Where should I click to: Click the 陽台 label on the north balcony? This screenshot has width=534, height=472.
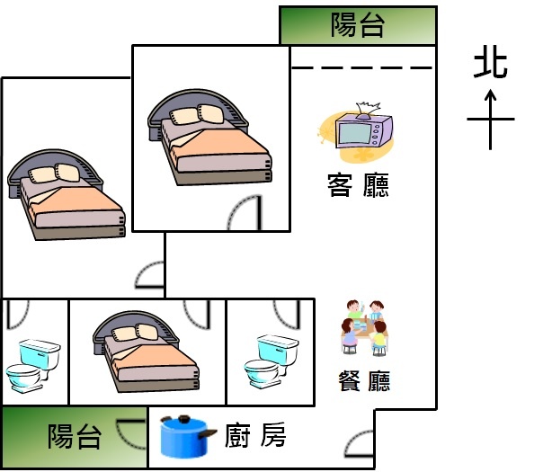pyautogui.click(x=358, y=25)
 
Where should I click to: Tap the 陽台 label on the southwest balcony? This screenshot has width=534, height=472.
pyautogui.click(x=75, y=436)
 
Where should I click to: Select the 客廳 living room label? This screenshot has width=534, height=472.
pyautogui.click(x=358, y=185)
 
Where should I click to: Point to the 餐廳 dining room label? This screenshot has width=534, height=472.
pyautogui.click(x=364, y=381)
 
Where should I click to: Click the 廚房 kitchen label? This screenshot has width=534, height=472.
pyautogui.click(x=255, y=435)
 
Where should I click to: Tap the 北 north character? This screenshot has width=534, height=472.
pyautogui.click(x=491, y=65)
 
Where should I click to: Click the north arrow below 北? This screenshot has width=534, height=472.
pyautogui.click(x=491, y=120)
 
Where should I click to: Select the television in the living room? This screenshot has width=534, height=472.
pyautogui.click(x=363, y=129)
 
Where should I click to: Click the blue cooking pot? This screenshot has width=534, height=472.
pyautogui.click(x=188, y=437)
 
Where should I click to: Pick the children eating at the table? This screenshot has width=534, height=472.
pyautogui.click(x=364, y=327)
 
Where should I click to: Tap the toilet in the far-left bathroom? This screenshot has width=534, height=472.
pyautogui.click(x=33, y=366)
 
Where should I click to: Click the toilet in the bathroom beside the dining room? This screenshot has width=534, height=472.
pyautogui.click(x=271, y=361)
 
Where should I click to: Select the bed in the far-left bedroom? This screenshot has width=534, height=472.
pyautogui.click(x=67, y=194)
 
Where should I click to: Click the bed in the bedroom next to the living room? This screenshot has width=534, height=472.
pyautogui.click(x=209, y=137)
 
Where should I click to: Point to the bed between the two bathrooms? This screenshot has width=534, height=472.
pyautogui.click(x=146, y=352)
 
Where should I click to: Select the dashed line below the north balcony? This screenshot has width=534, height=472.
pyautogui.click(x=362, y=67)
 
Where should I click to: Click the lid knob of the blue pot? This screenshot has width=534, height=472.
pyautogui.click(x=184, y=419)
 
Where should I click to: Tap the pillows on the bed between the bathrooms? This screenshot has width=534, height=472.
pyautogui.click(x=135, y=332)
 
